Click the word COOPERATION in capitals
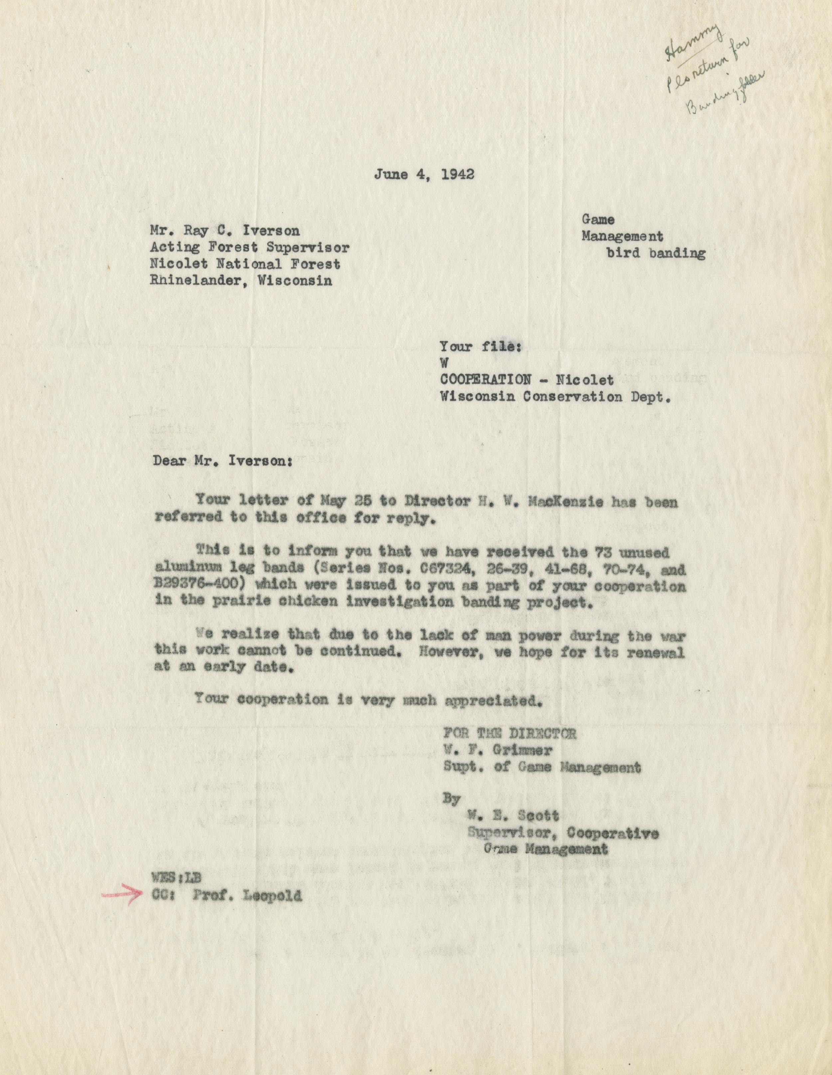point(485,379)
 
